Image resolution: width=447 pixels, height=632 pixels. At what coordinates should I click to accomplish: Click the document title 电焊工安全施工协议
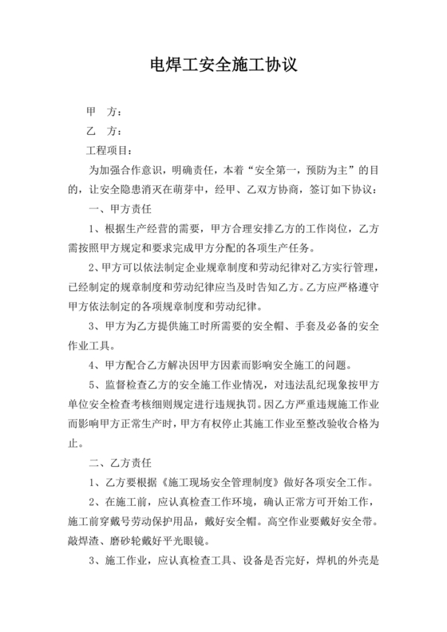[223, 65]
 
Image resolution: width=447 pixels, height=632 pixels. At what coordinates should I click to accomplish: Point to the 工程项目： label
[111, 151]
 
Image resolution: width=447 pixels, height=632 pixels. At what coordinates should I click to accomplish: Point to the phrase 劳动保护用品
[172, 522]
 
